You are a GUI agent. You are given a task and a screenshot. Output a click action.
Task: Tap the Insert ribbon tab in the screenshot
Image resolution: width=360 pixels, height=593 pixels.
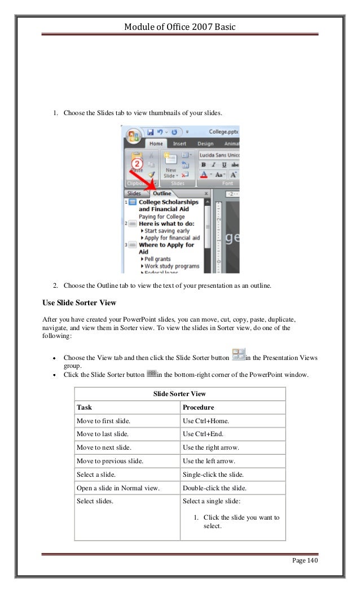179,143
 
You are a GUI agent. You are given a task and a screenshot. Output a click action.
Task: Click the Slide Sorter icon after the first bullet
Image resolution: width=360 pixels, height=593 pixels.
238,354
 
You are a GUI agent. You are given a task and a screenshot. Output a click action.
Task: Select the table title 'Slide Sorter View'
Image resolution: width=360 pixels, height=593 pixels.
179,393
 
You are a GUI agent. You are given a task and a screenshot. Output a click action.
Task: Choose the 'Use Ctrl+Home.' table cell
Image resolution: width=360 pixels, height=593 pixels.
205,420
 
